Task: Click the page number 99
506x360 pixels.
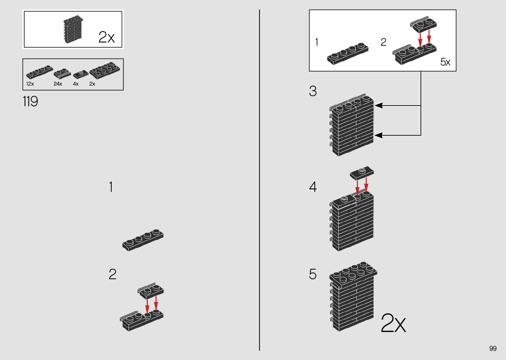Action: click(493, 348)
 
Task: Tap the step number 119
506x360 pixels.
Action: click(30, 101)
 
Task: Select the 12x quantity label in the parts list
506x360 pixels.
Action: click(30, 84)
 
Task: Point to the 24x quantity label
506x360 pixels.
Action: click(58, 84)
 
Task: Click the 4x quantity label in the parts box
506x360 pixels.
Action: click(76, 84)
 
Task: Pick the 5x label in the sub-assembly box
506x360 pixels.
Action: click(445, 62)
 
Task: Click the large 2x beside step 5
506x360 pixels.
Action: click(393, 323)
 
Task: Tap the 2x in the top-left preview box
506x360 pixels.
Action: click(106, 37)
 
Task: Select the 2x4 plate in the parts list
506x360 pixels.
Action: click(104, 70)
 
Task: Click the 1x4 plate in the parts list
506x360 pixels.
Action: click(39, 72)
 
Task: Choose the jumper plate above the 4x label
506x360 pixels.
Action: click(81, 74)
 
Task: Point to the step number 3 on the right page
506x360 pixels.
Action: click(313, 91)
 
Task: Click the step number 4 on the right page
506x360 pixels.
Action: click(313, 187)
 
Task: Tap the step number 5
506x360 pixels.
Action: click(313, 274)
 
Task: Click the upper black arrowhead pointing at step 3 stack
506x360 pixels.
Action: click(378, 105)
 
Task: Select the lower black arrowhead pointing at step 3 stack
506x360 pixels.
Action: click(378, 135)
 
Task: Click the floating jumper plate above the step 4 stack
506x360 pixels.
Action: click(362, 173)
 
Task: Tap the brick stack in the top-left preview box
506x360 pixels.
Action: click(73, 29)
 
